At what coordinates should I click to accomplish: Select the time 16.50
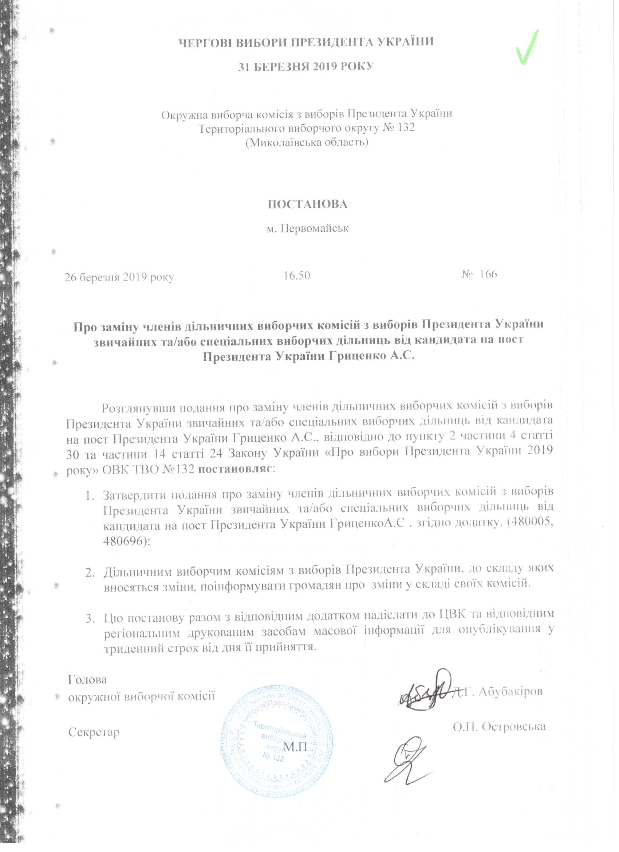(x=296, y=276)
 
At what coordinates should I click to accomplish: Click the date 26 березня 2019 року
(x=119, y=277)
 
